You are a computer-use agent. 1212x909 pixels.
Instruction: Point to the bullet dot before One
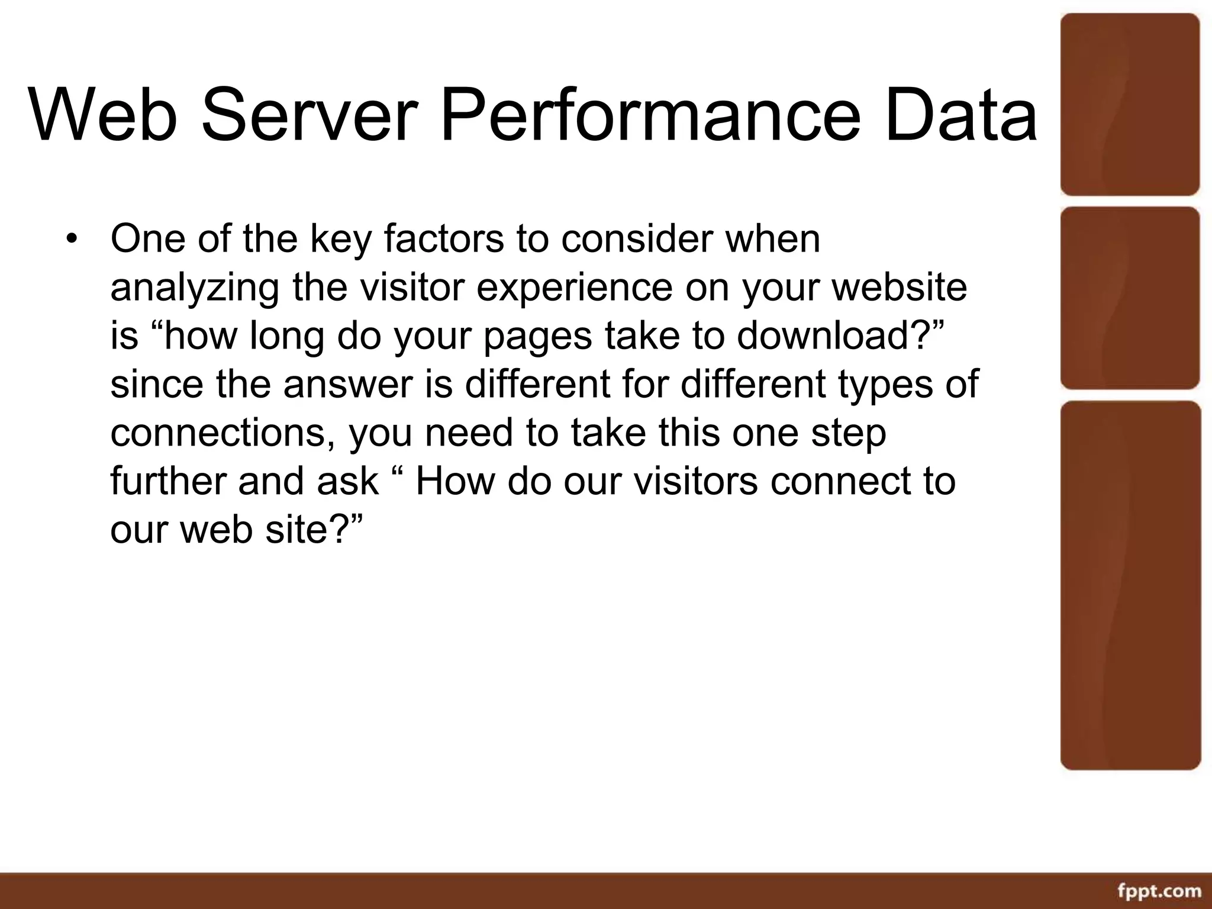pos(72,240)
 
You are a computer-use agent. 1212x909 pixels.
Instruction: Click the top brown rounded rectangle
pos(1129,104)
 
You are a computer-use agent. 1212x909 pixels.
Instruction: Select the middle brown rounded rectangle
pos(1129,298)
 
